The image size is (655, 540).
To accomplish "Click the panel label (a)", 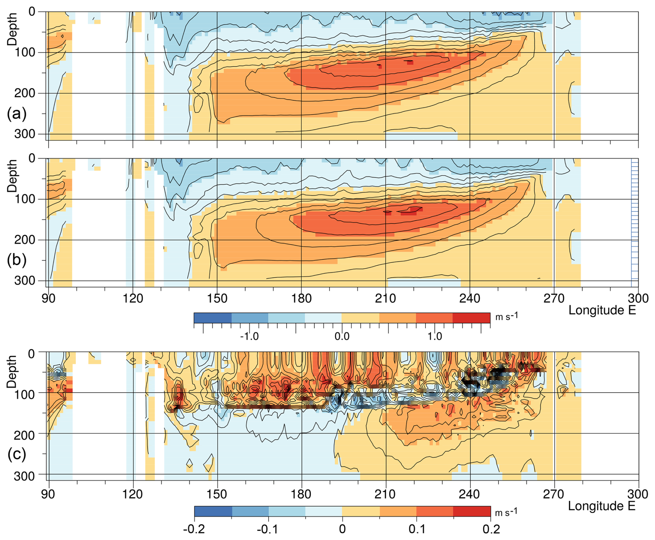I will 17,113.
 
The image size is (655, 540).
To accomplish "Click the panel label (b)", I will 17,260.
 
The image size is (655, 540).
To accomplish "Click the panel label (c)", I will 17,454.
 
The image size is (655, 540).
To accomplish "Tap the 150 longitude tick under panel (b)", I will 217,298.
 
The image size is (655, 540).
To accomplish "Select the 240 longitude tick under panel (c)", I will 469,494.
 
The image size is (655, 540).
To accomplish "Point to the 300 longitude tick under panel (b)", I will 638,298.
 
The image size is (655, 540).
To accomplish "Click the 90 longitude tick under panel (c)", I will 48,494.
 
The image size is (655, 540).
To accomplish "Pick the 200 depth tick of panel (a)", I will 25,93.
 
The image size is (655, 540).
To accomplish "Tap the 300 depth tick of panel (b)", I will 25,281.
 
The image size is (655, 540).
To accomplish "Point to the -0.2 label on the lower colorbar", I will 195,529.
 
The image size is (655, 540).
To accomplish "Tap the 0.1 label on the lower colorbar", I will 417,529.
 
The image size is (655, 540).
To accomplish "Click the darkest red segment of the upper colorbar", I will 471,318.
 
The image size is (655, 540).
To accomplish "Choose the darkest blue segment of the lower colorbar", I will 213,511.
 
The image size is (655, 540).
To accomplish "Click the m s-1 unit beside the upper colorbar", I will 506,316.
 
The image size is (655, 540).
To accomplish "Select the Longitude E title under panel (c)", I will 602,506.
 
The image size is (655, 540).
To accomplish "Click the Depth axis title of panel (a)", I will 12,29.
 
